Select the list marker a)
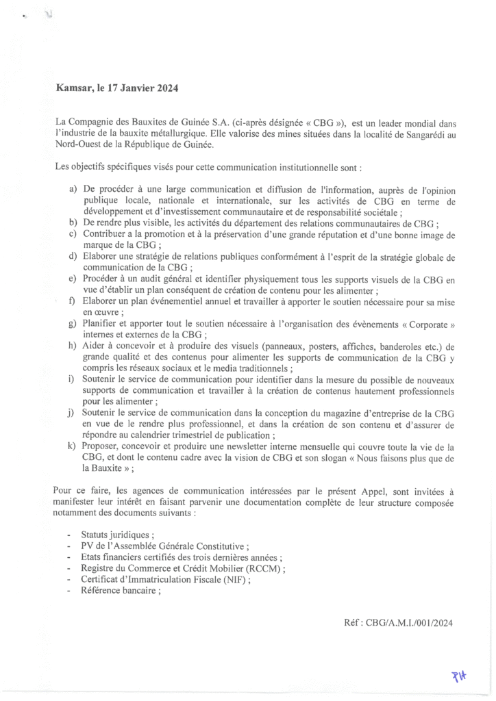pyautogui.click(x=73, y=188)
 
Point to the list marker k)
pyautogui.click(x=73, y=446)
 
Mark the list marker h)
pyautogui.click(x=73, y=346)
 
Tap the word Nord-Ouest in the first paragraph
pyautogui.click(x=79, y=144)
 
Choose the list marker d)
pyautogui.click(x=73, y=256)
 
